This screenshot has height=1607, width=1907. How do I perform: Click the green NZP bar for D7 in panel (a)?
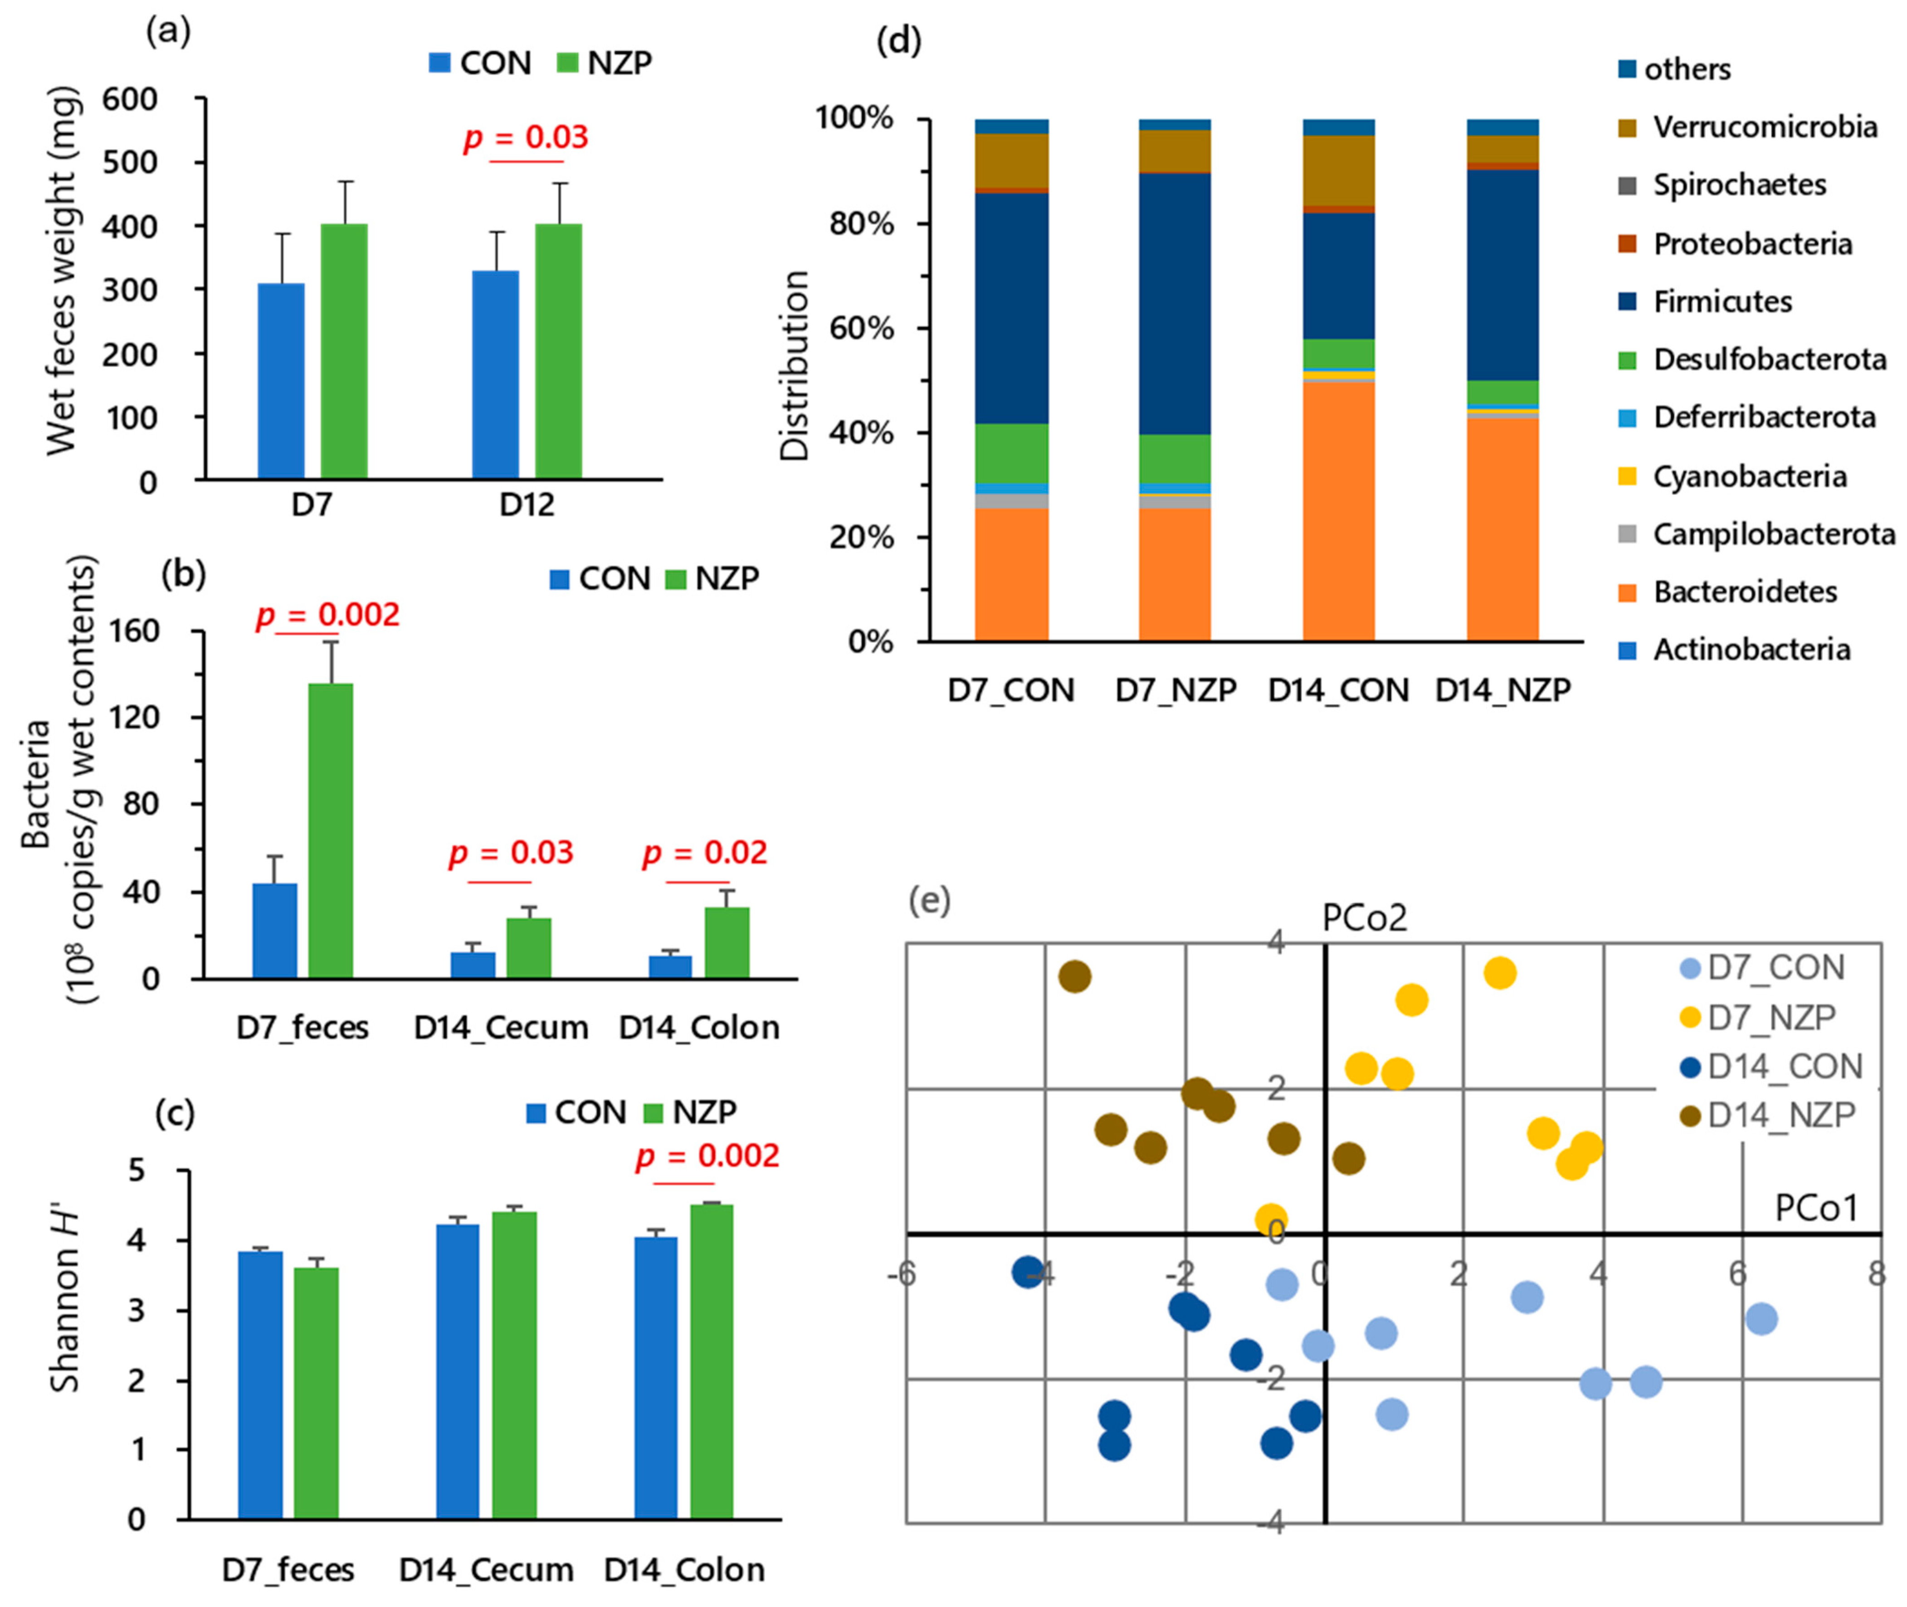(343, 351)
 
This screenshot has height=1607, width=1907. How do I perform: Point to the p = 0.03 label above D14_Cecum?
(511, 853)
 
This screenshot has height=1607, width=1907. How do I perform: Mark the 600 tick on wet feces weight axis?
(129, 98)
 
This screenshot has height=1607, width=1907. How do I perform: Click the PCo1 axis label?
(1815, 1208)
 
